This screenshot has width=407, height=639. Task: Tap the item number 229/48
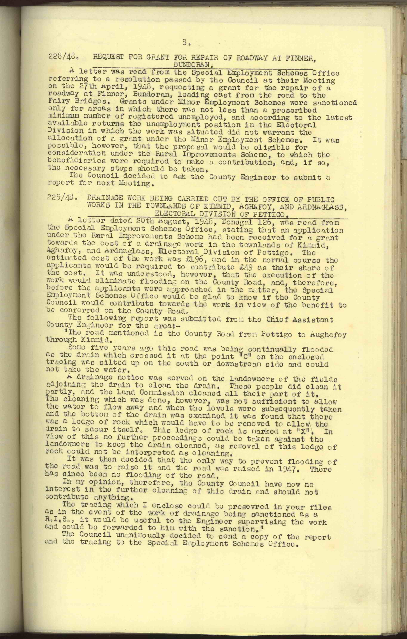(x=61, y=199)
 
